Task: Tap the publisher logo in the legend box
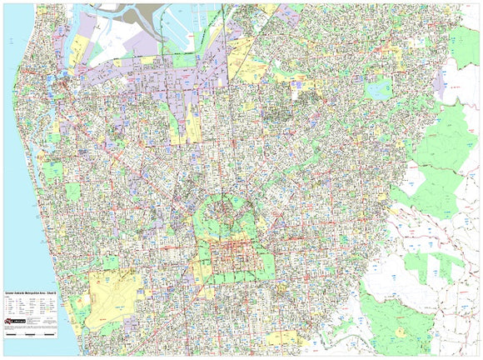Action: point(16,320)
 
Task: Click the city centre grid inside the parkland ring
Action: point(235,259)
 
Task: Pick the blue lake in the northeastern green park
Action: point(379,88)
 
